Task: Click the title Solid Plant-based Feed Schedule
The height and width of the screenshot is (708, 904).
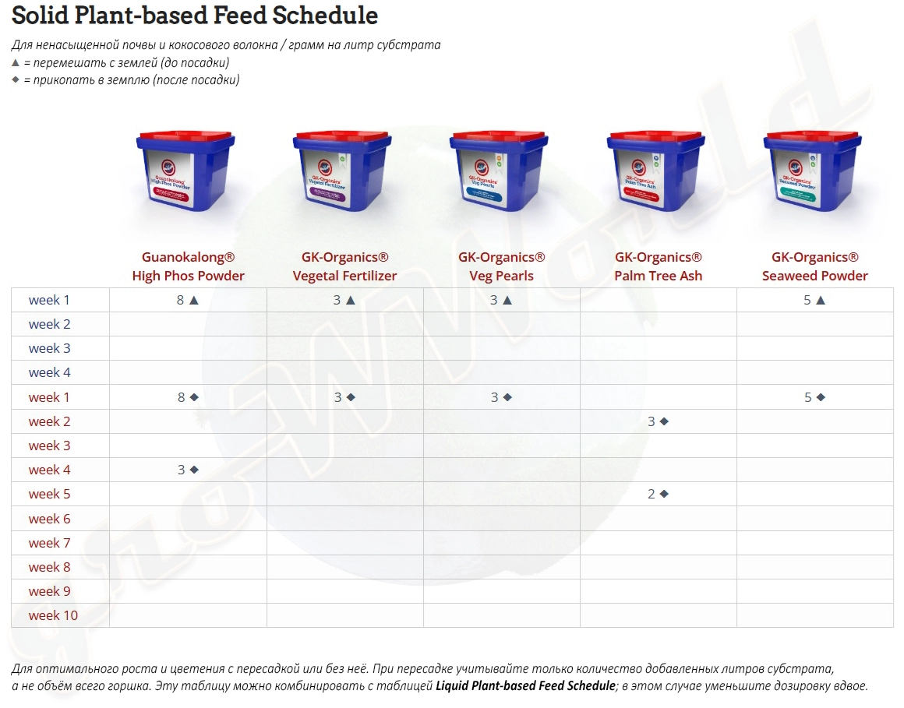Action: click(x=195, y=16)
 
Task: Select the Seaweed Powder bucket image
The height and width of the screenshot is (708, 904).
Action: click(x=813, y=171)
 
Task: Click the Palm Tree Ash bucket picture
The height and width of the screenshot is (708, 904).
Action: click(x=656, y=171)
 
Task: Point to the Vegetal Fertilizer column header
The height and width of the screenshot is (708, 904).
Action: click(x=344, y=266)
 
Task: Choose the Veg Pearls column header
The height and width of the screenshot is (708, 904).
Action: click(x=501, y=266)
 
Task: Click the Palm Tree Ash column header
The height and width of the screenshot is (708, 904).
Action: click(x=658, y=266)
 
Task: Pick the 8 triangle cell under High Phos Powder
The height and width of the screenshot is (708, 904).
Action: click(x=188, y=300)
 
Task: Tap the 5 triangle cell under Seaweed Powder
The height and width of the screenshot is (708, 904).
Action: click(x=814, y=300)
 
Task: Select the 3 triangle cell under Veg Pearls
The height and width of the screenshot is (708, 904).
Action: click(x=501, y=300)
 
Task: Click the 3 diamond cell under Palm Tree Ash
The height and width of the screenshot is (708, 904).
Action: click(x=658, y=421)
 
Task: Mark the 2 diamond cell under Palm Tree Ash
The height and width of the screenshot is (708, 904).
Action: click(x=658, y=494)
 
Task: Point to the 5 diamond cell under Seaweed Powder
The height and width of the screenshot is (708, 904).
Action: click(x=814, y=397)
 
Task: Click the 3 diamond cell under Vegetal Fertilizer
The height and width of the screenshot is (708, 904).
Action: click(x=344, y=397)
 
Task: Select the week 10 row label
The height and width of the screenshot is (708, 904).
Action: click(x=53, y=615)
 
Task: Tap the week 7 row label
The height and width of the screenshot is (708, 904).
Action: click(x=50, y=543)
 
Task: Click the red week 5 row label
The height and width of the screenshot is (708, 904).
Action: click(x=50, y=494)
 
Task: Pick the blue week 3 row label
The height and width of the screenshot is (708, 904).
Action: click(x=50, y=348)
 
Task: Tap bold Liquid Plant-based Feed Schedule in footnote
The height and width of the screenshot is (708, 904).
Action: click(x=525, y=686)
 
